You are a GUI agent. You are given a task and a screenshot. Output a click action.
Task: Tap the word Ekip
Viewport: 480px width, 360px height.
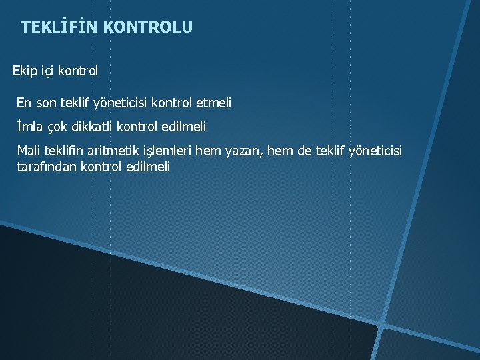24,70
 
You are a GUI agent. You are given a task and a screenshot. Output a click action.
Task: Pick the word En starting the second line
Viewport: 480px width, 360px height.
24,103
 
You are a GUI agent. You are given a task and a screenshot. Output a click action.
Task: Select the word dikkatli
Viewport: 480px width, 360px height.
93,126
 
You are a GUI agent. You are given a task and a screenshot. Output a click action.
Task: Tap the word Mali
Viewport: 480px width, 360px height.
29,151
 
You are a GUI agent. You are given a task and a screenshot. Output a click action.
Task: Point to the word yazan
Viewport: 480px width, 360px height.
247,151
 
